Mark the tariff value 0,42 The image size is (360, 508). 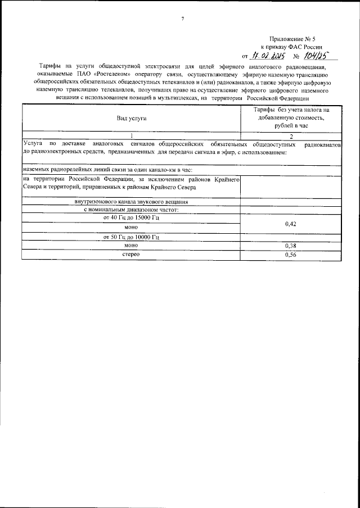pos(291,224)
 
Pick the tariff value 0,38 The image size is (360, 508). pos(291,246)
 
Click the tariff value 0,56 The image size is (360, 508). pos(291,255)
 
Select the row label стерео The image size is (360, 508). pos(131,255)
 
